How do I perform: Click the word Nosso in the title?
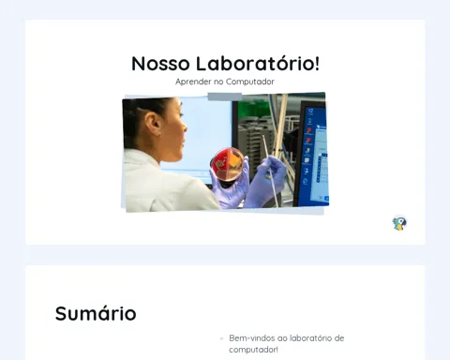(x=160, y=64)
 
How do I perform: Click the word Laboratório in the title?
(x=254, y=63)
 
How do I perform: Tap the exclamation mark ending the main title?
(x=317, y=63)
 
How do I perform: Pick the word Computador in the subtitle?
(x=250, y=82)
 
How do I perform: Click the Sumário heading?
(x=96, y=313)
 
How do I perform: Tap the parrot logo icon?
(x=399, y=223)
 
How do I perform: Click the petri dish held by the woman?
(x=227, y=164)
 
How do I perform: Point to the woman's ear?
(x=154, y=123)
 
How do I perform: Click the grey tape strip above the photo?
(x=225, y=97)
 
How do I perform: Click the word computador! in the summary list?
(x=253, y=350)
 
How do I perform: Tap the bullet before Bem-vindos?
(x=221, y=338)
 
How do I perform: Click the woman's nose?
(x=185, y=127)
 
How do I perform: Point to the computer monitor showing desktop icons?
(x=312, y=153)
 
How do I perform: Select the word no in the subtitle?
(x=218, y=82)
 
